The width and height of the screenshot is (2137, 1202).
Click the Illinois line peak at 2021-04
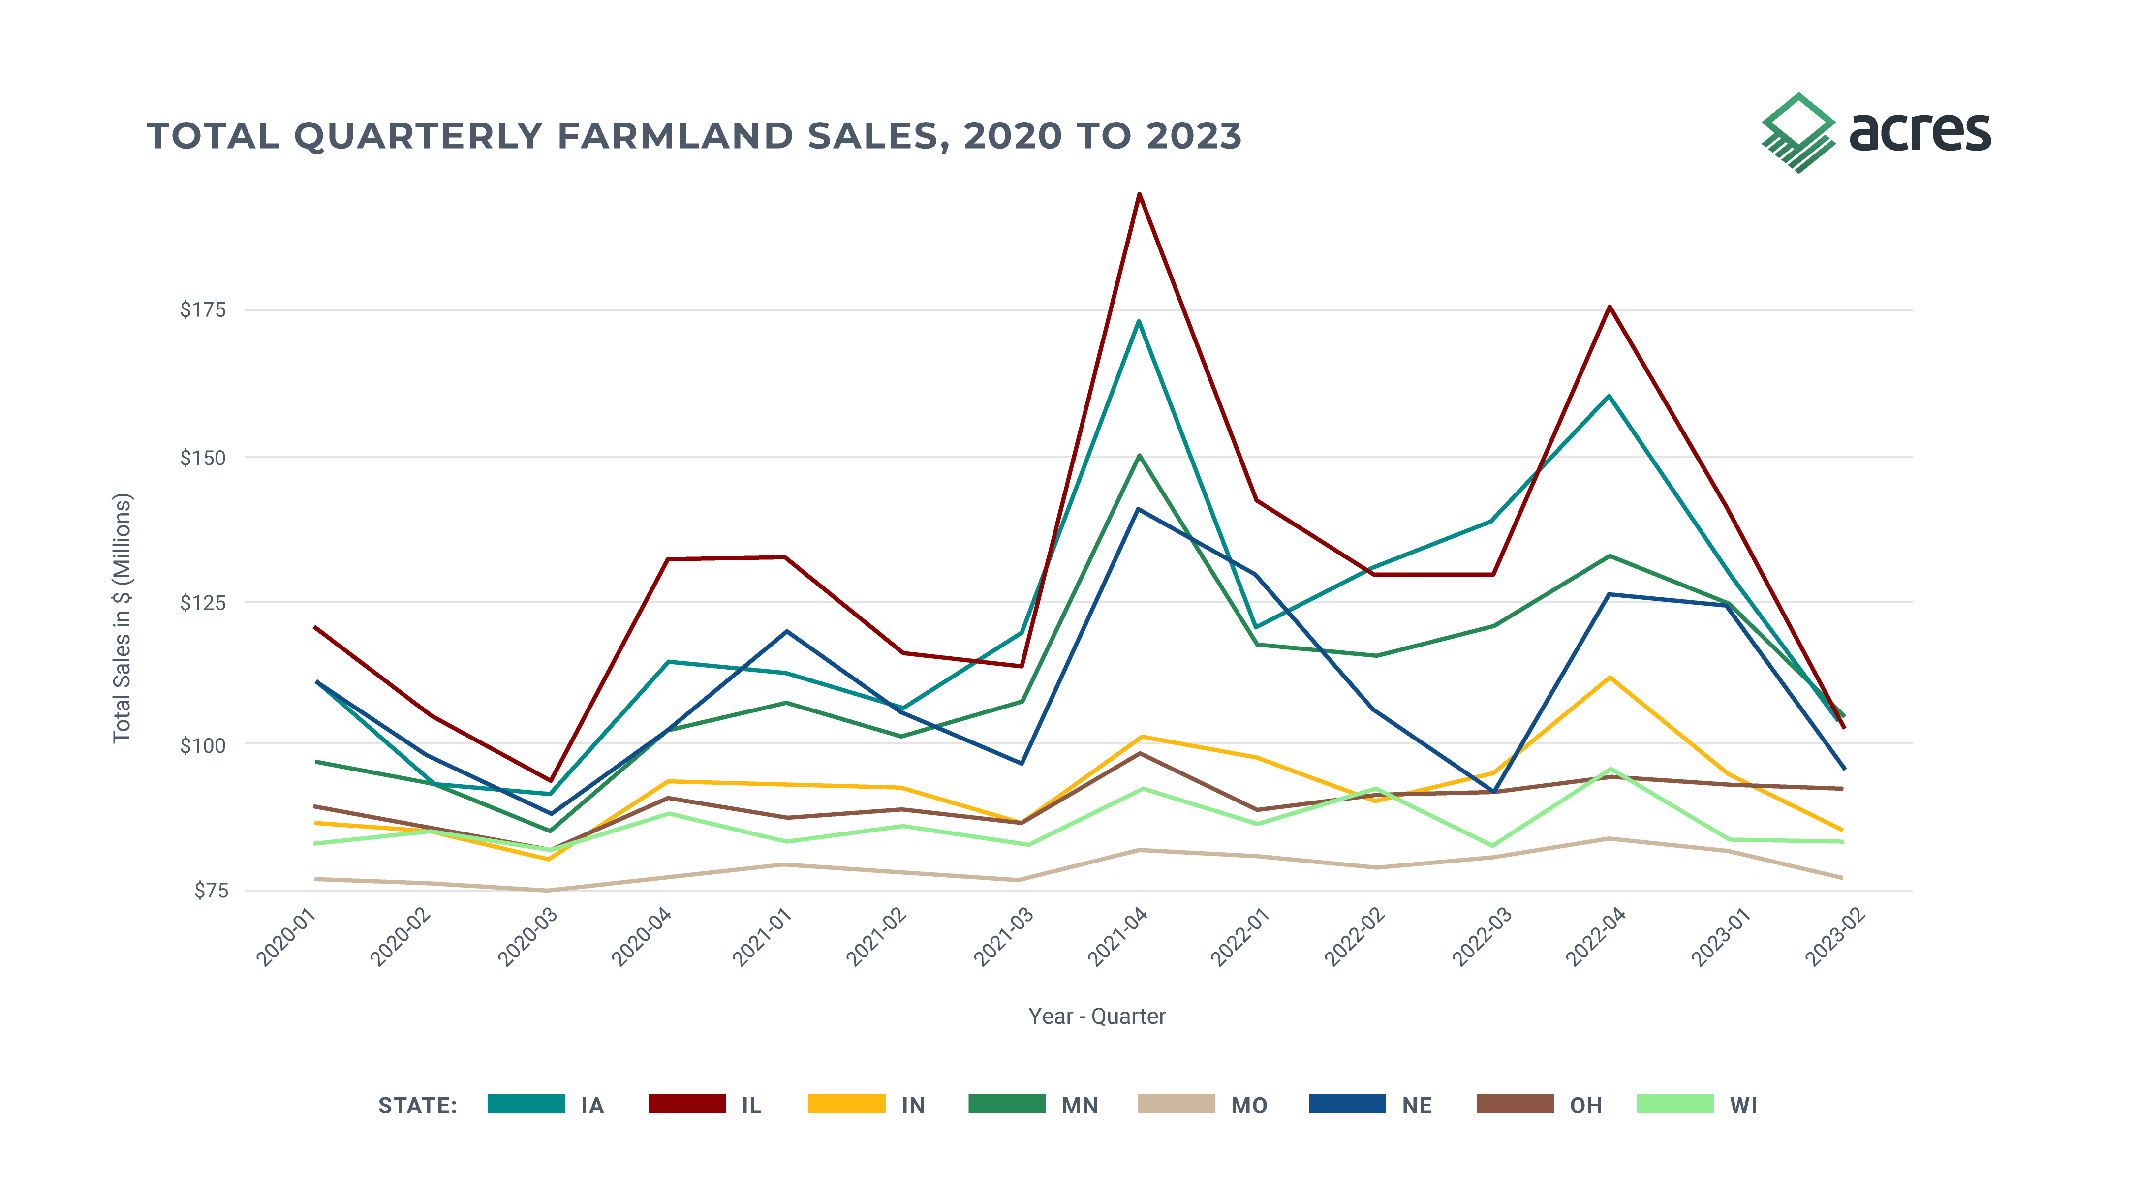[1139, 194]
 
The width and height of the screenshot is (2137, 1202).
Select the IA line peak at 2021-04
[1139, 321]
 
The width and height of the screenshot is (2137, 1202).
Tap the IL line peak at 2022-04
[1610, 307]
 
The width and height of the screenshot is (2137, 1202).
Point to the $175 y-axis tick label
[202, 310]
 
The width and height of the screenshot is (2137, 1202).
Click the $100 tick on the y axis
[202, 745]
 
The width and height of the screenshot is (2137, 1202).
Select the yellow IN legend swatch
[846, 1104]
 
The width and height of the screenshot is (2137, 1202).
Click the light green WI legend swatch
[1675, 1104]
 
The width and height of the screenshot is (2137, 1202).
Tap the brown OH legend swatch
[1515, 1104]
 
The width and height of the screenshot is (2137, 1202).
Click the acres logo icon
[1797, 133]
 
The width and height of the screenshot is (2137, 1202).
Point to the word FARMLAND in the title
[676, 137]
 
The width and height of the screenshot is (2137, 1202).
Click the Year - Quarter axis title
[1097, 1016]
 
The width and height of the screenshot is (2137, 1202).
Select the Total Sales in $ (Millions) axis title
[122, 618]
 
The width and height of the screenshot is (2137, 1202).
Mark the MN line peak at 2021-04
[1140, 456]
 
